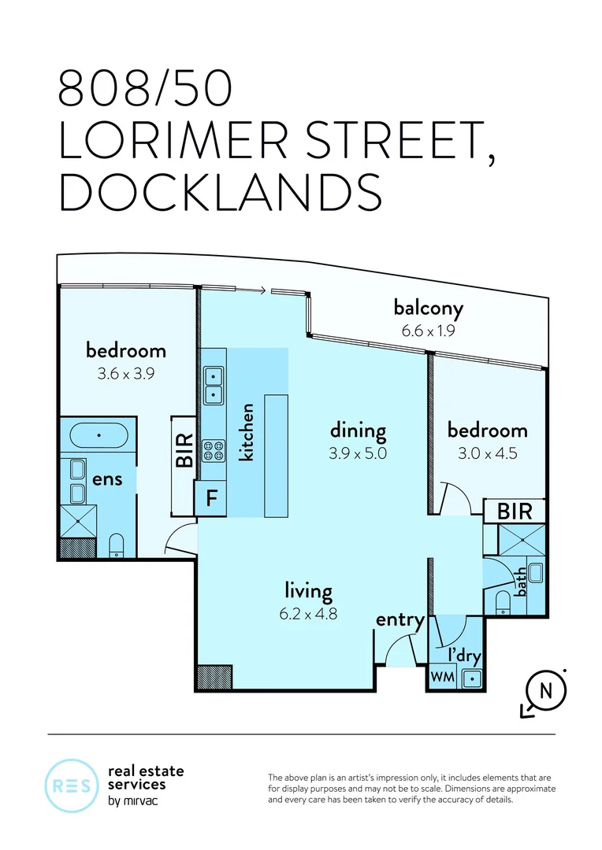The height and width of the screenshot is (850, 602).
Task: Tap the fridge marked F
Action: point(211,497)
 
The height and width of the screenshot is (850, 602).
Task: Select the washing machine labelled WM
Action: point(442,677)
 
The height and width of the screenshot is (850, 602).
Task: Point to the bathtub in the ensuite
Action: point(98,435)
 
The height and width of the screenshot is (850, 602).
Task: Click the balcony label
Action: point(429,309)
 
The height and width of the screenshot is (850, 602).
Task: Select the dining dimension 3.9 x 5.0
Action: point(358,453)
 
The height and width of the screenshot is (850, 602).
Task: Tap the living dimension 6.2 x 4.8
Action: point(308,614)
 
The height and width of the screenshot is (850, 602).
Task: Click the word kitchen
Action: point(247,432)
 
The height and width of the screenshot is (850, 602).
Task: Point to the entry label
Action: point(400,620)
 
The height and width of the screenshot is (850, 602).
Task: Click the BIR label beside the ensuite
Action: point(184,450)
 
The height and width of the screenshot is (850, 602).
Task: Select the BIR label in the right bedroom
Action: point(515,511)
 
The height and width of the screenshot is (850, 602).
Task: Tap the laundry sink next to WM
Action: point(472,678)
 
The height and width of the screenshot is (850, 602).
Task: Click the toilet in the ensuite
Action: point(116,545)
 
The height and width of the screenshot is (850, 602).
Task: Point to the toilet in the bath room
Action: point(504,603)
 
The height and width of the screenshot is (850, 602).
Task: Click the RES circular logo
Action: point(71,785)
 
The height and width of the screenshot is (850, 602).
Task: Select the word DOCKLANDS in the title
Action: point(221,192)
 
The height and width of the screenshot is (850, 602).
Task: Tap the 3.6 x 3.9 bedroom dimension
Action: point(126,374)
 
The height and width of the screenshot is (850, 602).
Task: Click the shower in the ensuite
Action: point(79,522)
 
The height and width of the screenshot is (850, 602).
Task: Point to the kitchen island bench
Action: point(276,456)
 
